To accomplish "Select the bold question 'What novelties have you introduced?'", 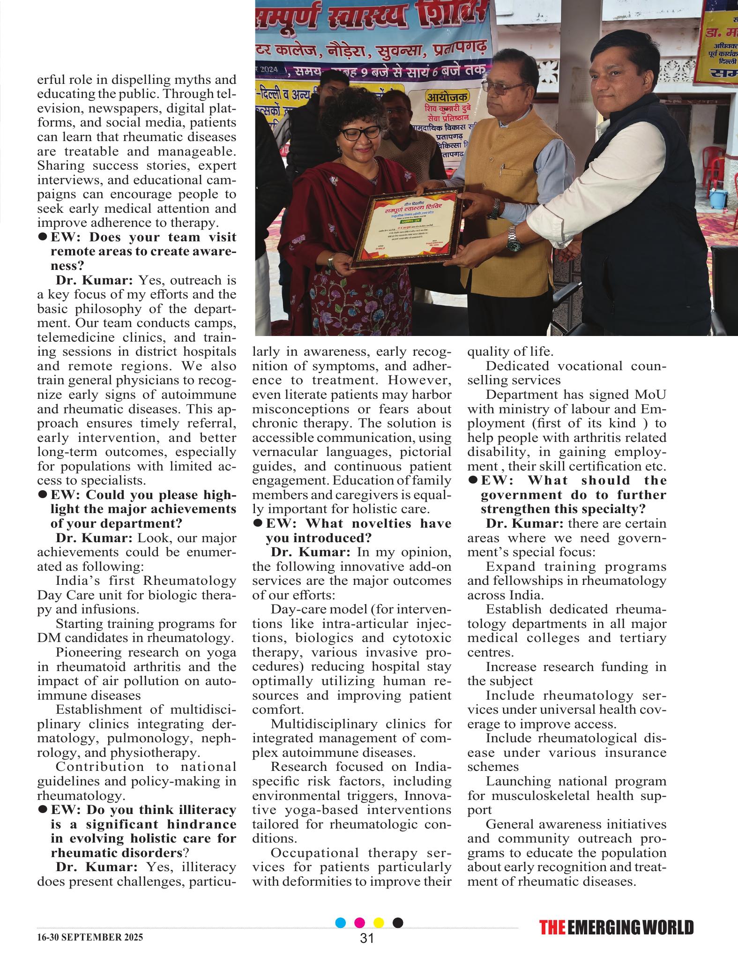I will tap(352, 530).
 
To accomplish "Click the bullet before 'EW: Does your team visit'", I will tap(42, 237).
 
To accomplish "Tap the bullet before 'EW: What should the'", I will tap(473, 480).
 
